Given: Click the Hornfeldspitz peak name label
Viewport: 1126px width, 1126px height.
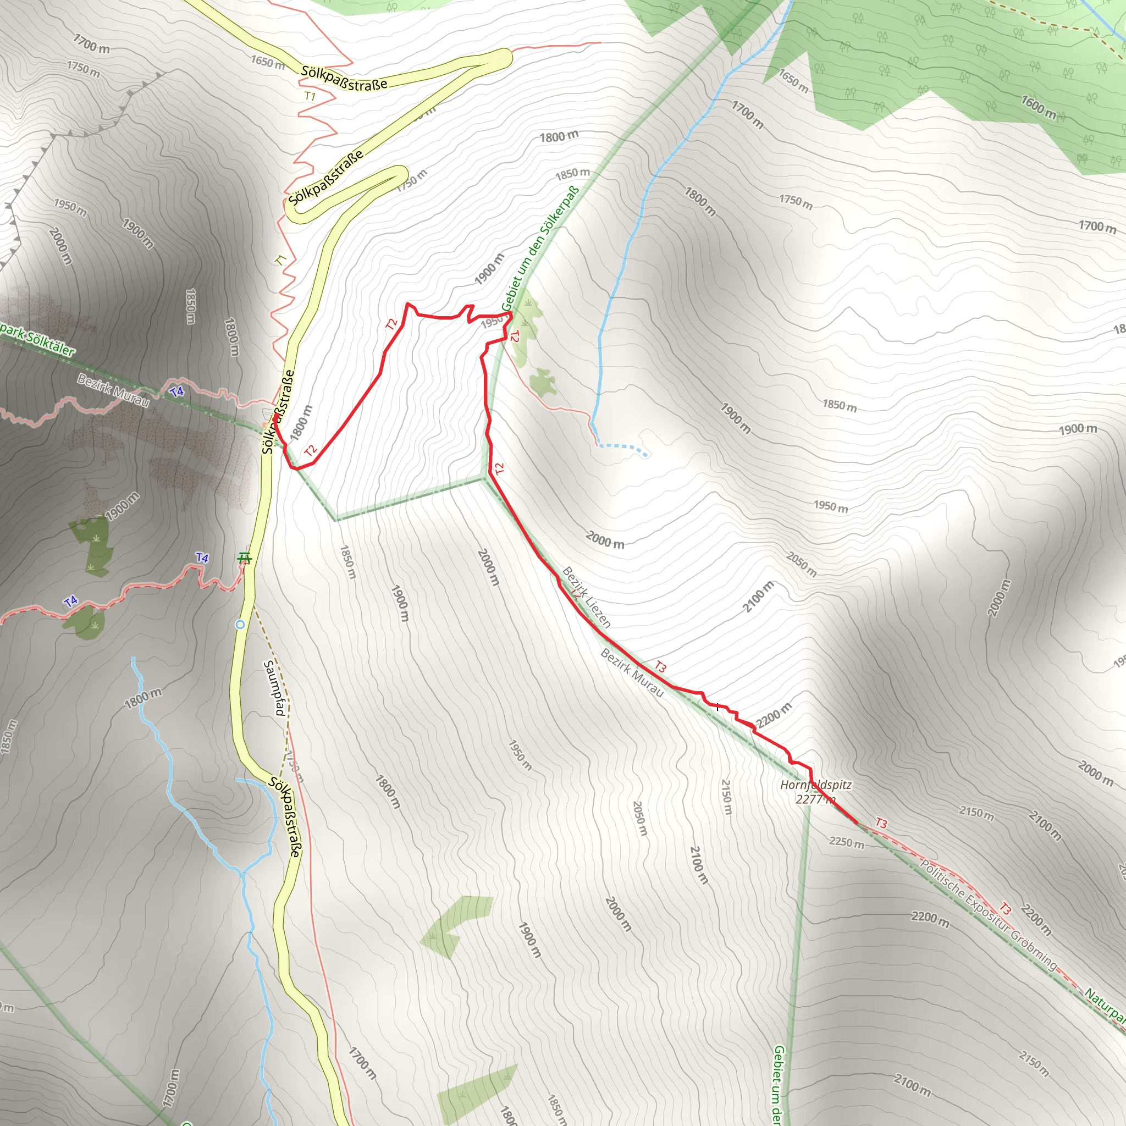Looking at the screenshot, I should point(816,785).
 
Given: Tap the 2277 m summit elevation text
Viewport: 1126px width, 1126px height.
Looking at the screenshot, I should point(816,799).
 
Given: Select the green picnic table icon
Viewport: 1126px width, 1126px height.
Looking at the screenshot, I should point(245,559).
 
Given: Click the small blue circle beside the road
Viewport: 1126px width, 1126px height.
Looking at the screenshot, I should point(240,625).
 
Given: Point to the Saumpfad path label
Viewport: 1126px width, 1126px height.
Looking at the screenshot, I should point(274,688).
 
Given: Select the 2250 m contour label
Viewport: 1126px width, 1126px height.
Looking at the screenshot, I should point(847,842).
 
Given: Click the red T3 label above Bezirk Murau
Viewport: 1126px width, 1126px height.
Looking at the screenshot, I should point(660,666).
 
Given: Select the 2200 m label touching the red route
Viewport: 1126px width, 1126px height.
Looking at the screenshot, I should point(774,716).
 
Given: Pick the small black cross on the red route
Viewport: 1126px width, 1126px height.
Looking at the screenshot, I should point(717,706).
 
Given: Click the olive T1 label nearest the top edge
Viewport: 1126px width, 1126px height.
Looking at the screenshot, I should point(310,96).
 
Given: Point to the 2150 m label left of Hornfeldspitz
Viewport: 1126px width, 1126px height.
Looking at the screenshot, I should point(726,797).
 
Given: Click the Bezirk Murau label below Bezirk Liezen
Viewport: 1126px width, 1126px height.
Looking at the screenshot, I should point(632,672).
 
